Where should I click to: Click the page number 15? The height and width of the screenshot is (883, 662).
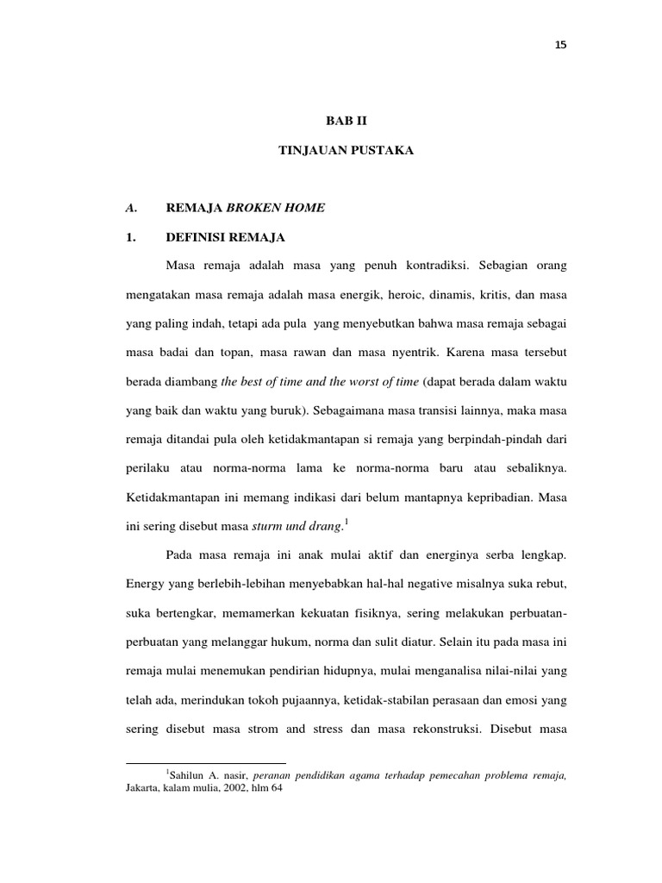[x=560, y=46]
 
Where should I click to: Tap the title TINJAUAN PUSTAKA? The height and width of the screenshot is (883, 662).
[x=346, y=150]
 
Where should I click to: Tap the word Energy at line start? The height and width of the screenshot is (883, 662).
[x=145, y=584]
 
